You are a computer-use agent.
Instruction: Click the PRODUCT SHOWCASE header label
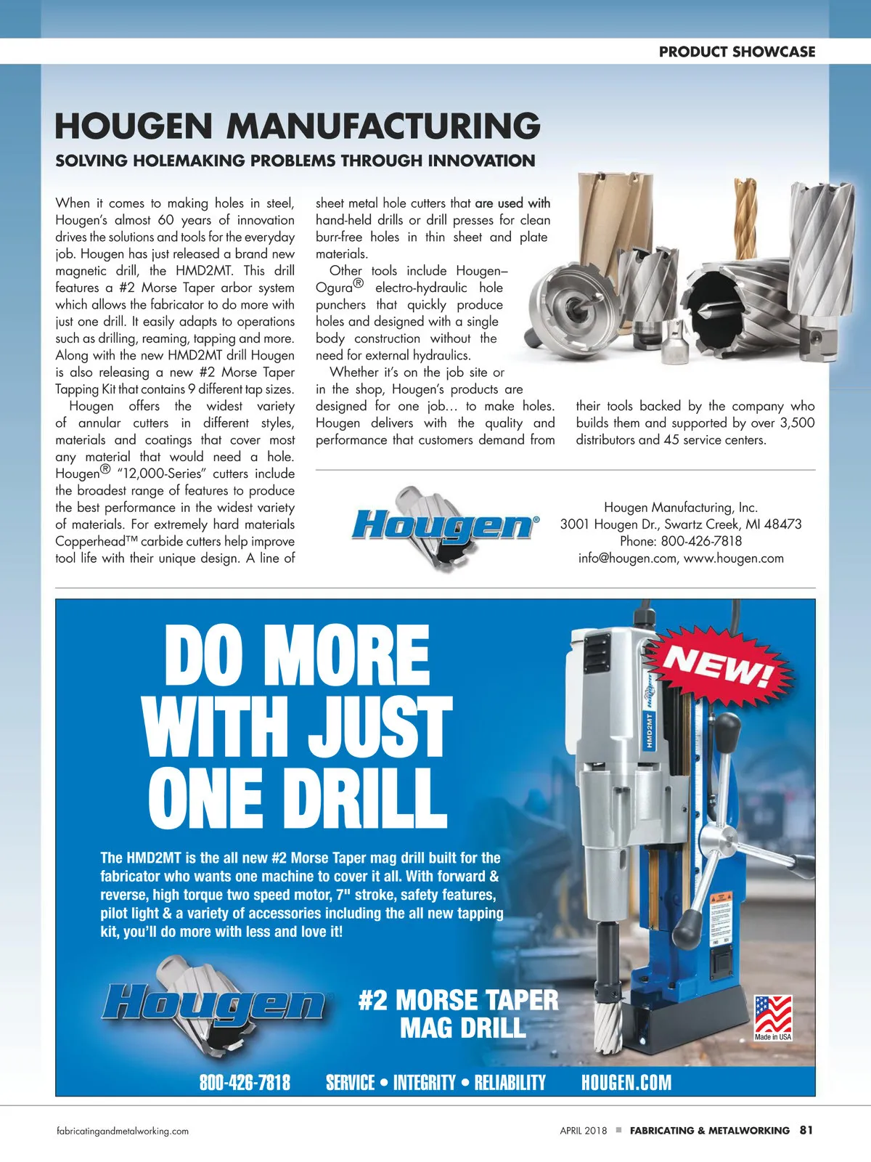[737, 52]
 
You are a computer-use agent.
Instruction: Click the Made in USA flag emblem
[773, 1017]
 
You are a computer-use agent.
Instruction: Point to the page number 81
[806, 1130]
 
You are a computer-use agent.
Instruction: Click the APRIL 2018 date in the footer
[583, 1131]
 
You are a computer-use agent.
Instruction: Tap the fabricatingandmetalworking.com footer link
[123, 1131]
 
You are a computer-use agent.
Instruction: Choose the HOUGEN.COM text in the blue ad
[626, 1083]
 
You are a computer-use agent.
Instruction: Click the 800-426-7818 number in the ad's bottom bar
[245, 1083]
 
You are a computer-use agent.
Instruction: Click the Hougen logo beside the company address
[444, 526]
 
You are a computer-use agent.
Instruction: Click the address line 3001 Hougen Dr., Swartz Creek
[680, 524]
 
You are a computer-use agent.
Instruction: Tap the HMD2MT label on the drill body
[650, 730]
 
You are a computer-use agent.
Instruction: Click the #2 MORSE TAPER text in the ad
[458, 1000]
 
